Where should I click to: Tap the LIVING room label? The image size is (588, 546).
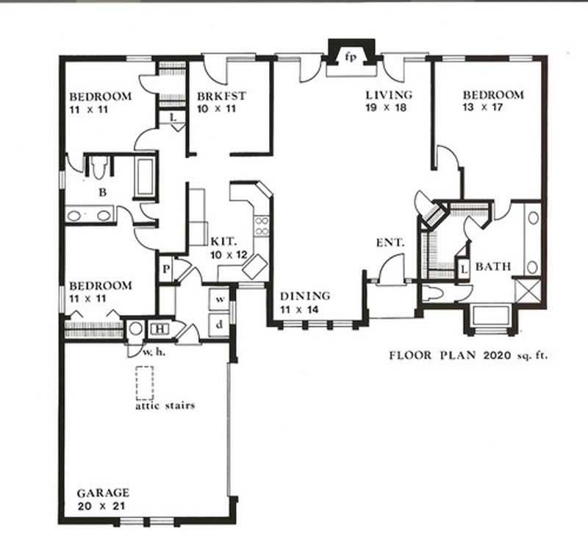(x=390, y=94)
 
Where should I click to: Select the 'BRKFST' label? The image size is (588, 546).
(x=220, y=95)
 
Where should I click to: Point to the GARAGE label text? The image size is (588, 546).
(x=104, y=492)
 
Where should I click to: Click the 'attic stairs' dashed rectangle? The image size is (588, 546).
(x=144, y=382)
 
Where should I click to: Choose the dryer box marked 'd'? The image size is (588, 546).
(x=219, y=325)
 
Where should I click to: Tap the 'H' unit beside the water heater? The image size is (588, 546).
(x=159, y=329)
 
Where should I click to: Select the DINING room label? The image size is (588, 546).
(x=304, y=296)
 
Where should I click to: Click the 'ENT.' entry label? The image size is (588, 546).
(x=386, y=242)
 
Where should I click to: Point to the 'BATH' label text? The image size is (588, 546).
(x=492, y=266)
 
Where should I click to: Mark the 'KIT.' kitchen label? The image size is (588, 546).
(x=223, y=241)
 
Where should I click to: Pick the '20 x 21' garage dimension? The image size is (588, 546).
(x=104, y=506)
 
